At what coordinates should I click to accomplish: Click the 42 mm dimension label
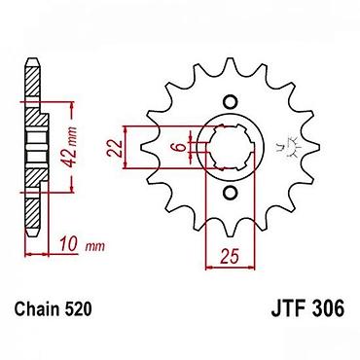coord(70,147)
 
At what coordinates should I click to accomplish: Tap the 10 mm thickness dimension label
coord(82,245)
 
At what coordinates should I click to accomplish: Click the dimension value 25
coord(230,256)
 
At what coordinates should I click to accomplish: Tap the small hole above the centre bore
coord(231,101)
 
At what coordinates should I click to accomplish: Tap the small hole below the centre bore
coord(231,193)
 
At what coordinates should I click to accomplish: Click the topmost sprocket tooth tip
coord(231,58)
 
